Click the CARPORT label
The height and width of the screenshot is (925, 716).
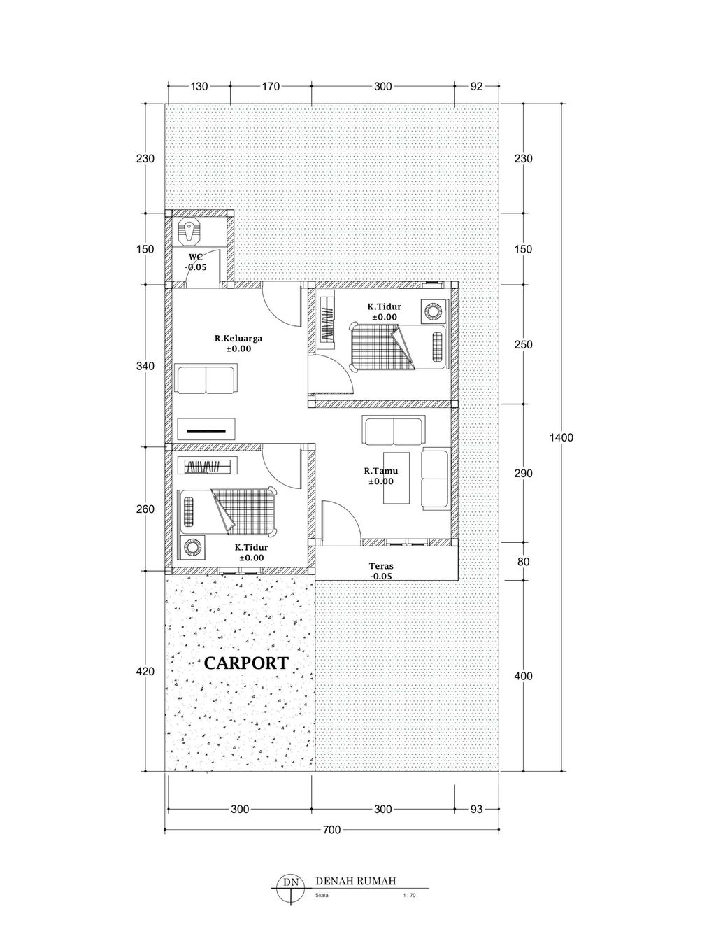click(x=246, y=663)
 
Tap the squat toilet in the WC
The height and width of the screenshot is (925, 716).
click(x=189, y=232)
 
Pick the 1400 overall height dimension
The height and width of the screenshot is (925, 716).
click(x=561, y=437)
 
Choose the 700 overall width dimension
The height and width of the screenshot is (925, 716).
click(x=331, y=830)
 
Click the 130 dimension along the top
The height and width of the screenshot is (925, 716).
click(x=199, y=87)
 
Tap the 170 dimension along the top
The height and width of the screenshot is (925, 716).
click(x=271, y=87)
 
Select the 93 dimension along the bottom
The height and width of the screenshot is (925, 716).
click(x=477, y=809)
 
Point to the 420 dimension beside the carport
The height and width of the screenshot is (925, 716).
click(x=145, y=671)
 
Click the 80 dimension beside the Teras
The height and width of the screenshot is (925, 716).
click(x=524, y=561)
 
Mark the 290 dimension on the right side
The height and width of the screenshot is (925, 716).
click(x=524, y=473)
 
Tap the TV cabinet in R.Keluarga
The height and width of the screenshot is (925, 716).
click(x=207, y=429)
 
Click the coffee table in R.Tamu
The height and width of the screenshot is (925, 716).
click(x=396, y=478)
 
